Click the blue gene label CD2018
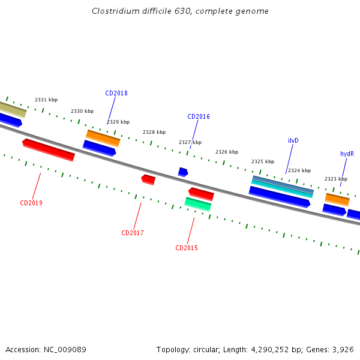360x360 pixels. point(116,93)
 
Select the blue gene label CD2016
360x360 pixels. point(199,116)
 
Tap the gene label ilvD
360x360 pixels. point(293,140)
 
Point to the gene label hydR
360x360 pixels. point(347,154)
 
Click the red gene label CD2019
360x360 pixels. point(31,203)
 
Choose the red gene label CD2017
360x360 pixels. point(133,233)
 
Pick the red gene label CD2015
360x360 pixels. point(187,248)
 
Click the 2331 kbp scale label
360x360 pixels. point(46,100)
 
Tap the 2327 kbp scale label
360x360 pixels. point(190,142)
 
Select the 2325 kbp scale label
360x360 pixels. point(263,161)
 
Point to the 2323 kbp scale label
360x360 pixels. point(336,179)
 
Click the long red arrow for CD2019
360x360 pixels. point(49,150)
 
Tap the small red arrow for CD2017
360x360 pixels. point(148,179)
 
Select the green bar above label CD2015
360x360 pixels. point(198,204)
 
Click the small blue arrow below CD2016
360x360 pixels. point(183,172)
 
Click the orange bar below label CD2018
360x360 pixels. point(103,138)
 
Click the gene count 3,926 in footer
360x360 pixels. point(343,349)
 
